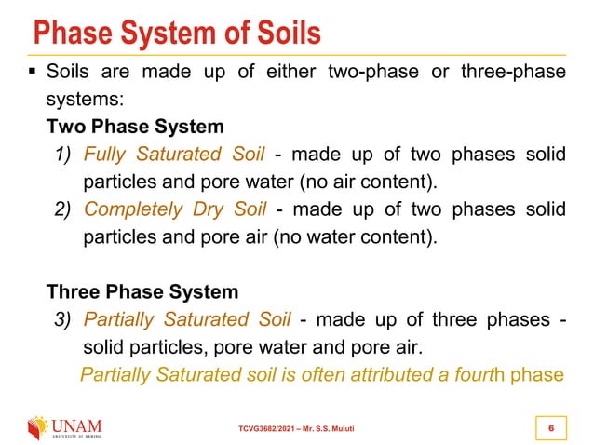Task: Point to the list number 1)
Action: click(x=63, y=154)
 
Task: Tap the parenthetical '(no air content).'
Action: click(x=371, y=180)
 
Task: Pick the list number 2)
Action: click(x=63, y=208)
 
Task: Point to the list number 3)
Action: click(x=63, y=320)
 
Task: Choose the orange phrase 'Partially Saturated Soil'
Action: click(x=188, y=320)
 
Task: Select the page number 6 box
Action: click(x=553, y=427)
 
